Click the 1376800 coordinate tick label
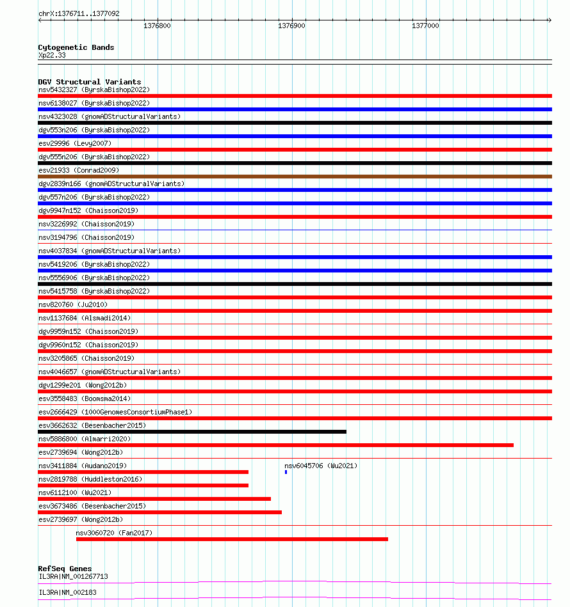[157, 26]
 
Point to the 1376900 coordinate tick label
[291, 26]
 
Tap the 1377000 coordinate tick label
[425, 26]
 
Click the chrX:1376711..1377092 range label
[79, 13]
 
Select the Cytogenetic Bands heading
[76, 47]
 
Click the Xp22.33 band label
[52, 55]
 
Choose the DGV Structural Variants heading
[89, 82]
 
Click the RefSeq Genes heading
[65, 569]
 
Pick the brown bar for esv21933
[295, 177]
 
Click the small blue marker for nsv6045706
[286, 472]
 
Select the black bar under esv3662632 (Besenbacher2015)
[192, 432]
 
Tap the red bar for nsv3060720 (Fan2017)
[232, 539]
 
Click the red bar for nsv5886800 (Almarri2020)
[275, 445]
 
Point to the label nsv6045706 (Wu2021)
[321, 466]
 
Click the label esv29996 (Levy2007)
[74, 143]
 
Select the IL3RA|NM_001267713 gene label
[73, 576]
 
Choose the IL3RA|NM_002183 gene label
[67, 592]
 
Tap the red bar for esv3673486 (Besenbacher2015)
[160, 512]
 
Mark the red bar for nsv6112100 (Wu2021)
[154, 499]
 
